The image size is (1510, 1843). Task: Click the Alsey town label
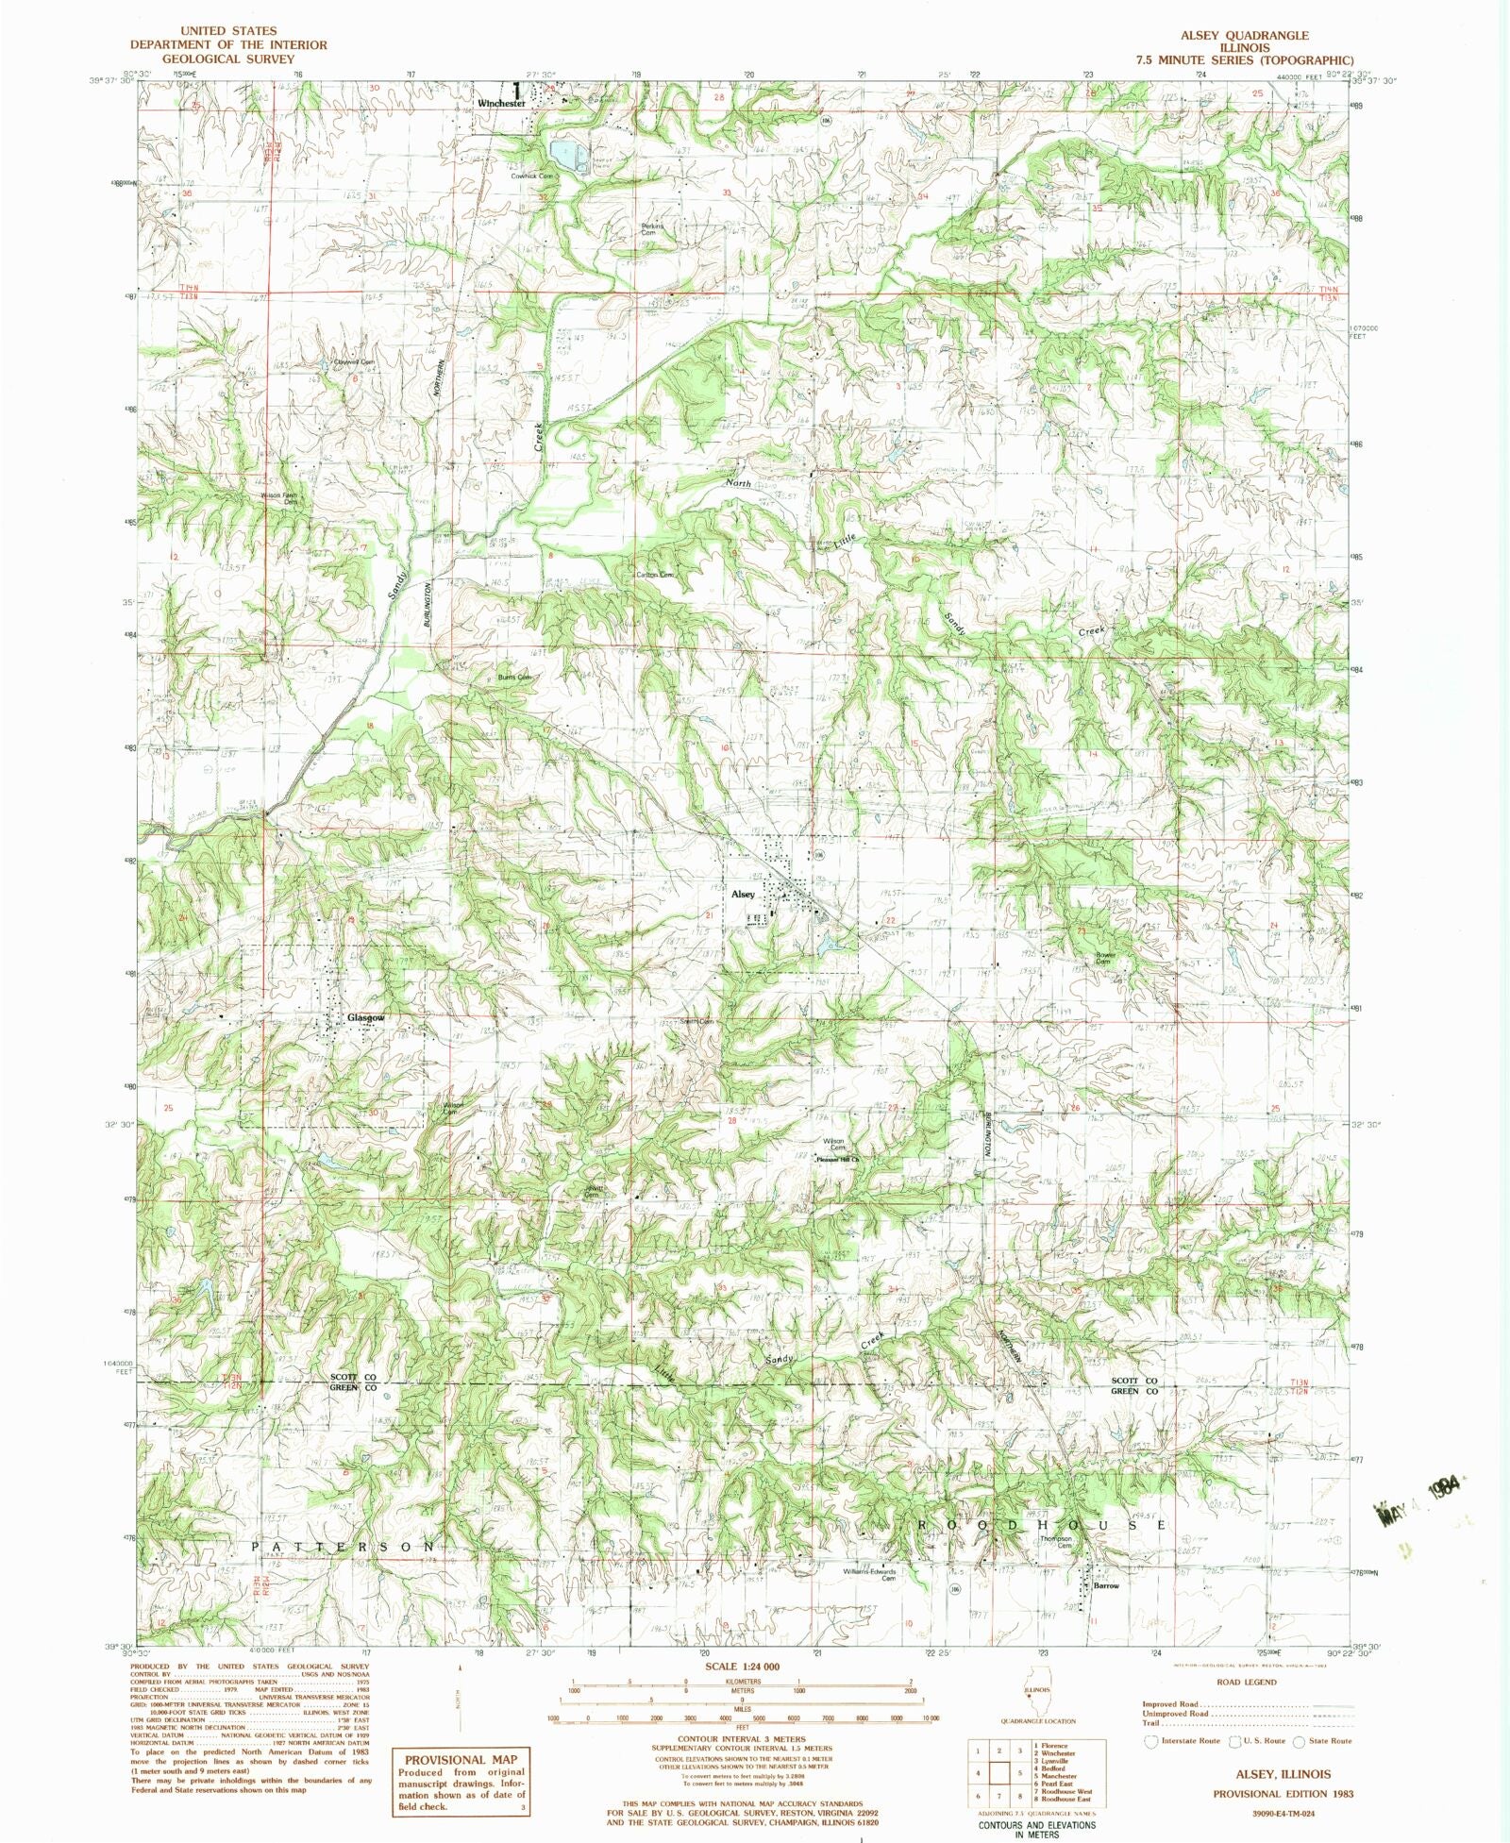pos(743,894)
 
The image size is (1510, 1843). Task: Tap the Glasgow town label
pos(365,1018)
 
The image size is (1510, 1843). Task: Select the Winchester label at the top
pos(500,103)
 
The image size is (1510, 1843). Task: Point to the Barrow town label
pos(1105,1585)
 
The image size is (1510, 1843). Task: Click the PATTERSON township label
pos(344,1548)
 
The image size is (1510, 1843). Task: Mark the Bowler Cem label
pos(1105,958)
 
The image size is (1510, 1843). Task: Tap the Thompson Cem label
pos(1056,1542)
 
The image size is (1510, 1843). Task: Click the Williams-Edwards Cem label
pos(868,1574)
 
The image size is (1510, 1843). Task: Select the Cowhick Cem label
pos(531,176)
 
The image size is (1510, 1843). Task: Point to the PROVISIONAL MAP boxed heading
pos(461,1759)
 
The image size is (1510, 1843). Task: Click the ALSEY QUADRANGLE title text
pos(1244,35)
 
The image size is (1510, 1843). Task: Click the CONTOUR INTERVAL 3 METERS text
pos(742,1738)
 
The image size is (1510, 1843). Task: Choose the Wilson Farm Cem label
pos(279,497)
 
